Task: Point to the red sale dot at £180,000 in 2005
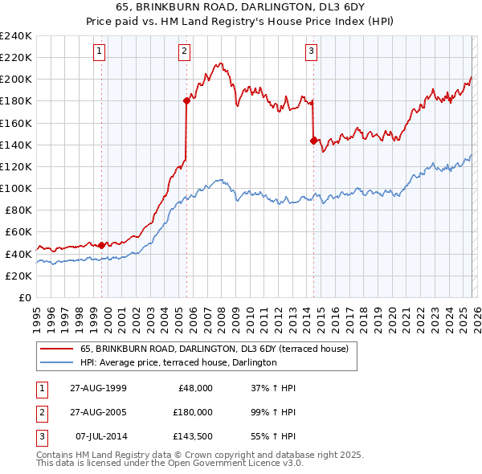[186, 100]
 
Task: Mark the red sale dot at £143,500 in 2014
[312, 140]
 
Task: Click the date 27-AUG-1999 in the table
[98, 387]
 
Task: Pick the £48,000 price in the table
[195, 387]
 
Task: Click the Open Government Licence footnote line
[170, 463]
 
